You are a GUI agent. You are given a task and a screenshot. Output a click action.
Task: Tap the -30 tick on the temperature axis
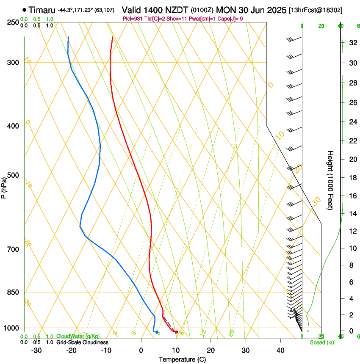[37, 350]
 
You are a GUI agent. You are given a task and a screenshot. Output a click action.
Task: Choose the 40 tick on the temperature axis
[280, 350]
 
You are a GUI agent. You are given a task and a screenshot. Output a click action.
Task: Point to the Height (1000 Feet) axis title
[330, 180]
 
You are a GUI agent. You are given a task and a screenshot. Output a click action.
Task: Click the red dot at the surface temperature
[176, 332]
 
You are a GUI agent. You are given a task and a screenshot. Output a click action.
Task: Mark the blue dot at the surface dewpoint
[157, 332]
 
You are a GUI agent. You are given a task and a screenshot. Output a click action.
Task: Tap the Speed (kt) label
[321, 342]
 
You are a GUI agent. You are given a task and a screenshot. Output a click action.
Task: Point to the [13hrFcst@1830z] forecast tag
[316, 10]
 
